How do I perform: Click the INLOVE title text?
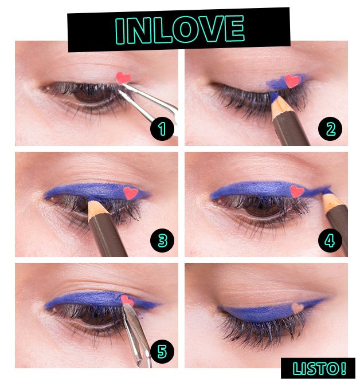point(179,29)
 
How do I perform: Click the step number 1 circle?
point(162,129)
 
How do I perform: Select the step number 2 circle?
point(330,129)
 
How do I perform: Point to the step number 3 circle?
point(162,241)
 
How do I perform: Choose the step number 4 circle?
point(330,241)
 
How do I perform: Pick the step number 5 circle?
point(162,351)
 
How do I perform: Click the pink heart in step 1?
point(123,77)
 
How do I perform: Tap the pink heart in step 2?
point(293,81)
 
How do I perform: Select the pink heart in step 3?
point(131,193)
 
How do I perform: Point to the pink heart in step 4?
point(297,191)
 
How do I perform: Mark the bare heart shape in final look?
point(298,308)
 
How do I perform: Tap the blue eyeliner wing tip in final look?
point(327,300)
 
